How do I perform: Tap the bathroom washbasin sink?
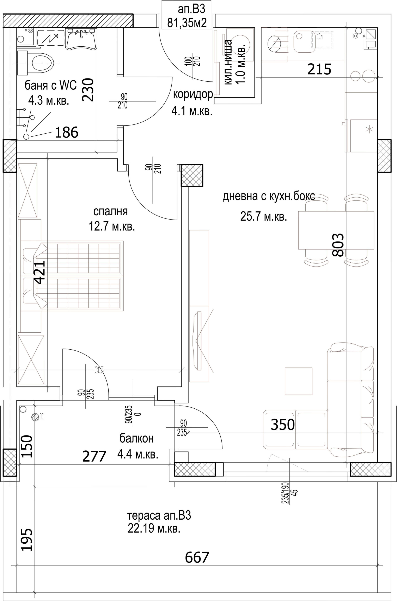tap(81, 39)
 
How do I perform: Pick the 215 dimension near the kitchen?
tap(319, 69)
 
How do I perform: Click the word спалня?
tap(110, 211)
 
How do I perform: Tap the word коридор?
tap(193, 95)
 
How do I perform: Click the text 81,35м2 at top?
tap(187, 22)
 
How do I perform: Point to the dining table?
tap(336, 230)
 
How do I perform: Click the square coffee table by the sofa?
tap(299, 381)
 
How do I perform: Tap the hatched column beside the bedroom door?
tap(192, 175)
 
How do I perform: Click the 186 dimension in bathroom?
tap(67, 132)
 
